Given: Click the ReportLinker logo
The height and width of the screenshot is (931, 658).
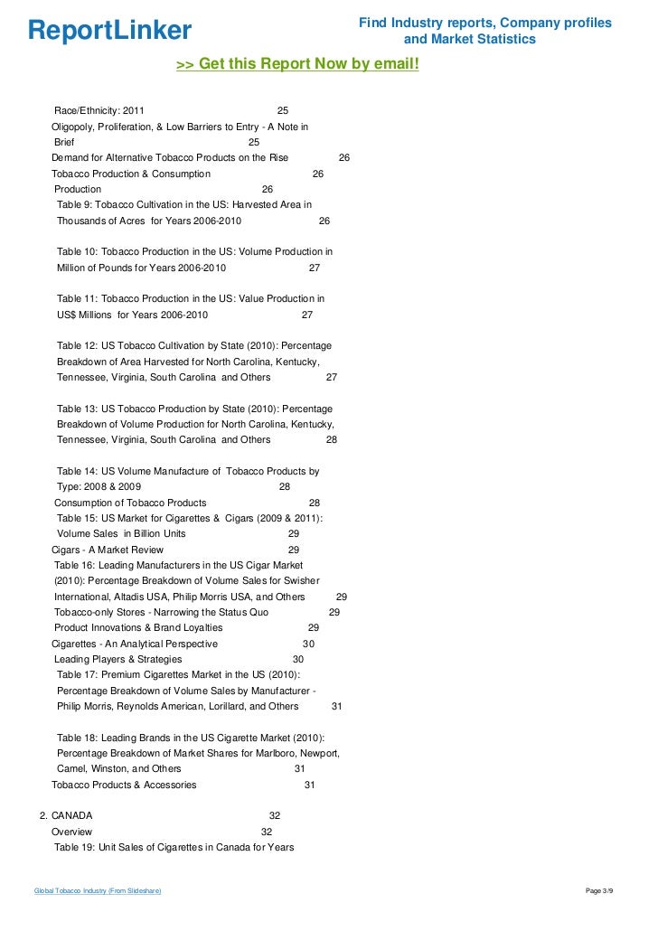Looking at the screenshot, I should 109,31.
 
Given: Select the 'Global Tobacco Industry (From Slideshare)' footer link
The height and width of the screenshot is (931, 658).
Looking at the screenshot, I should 98,891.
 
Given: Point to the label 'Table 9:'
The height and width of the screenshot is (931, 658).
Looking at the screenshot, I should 76,205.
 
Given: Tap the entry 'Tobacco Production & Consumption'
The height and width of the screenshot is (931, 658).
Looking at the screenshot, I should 131,174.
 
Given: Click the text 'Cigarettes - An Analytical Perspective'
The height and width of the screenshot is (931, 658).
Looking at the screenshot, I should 134,644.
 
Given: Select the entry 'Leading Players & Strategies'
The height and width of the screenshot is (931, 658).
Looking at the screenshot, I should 117,660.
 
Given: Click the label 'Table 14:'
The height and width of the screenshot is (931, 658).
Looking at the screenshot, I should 79,471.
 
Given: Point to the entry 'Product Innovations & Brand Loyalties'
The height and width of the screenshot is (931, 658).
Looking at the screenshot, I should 138,628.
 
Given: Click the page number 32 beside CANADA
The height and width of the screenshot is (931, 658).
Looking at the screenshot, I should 275,815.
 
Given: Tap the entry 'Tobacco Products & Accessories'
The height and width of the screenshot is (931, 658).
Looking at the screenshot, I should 124,785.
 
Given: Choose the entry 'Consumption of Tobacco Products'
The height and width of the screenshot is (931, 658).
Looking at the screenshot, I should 130,503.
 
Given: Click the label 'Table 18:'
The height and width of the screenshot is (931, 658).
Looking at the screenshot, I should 79,738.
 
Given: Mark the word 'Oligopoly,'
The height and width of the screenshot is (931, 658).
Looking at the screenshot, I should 76,127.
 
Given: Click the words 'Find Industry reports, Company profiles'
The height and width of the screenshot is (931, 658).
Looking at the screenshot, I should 485,23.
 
